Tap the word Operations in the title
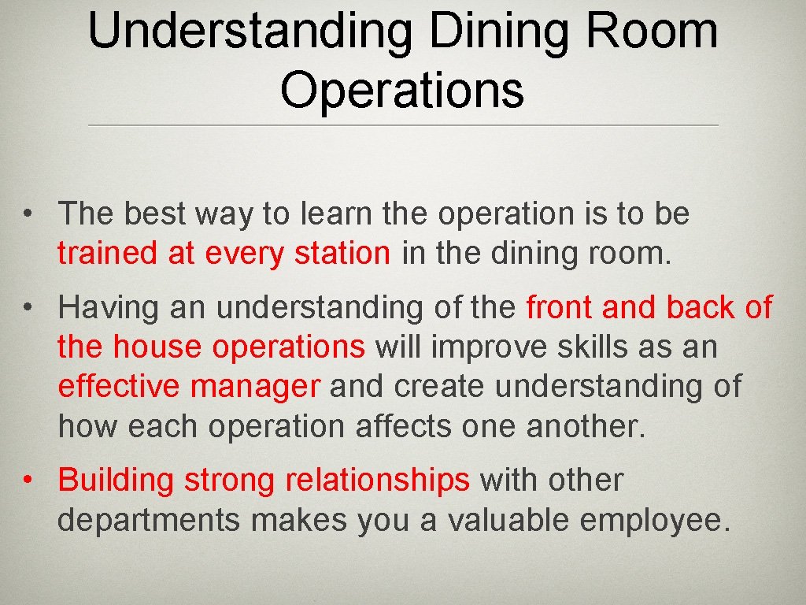(402, 91)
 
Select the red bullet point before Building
(28, 480)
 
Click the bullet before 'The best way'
(28, 214)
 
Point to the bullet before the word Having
(28, 308)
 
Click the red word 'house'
(160, 347)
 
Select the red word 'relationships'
(378, 480)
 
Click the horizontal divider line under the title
(402, 126)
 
